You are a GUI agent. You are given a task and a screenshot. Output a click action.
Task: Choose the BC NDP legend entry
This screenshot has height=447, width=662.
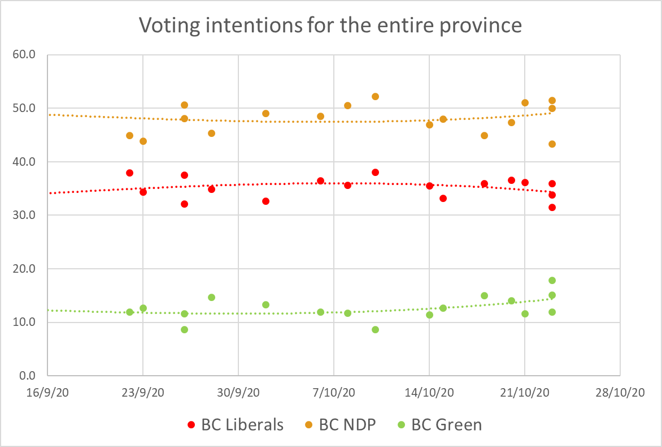(x=347, y=424)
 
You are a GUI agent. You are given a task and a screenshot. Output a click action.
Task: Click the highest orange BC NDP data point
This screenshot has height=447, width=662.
(x=375, y=96)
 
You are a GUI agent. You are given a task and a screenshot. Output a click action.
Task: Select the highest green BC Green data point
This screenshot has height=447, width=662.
(x=552, y=280)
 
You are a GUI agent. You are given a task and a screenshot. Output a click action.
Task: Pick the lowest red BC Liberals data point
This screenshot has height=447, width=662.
(x=552, y=207)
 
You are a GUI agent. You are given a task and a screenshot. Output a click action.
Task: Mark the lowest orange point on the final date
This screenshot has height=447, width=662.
(x=552, y=144)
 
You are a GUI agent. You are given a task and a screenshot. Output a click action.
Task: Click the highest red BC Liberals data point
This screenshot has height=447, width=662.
(x=375, y=172)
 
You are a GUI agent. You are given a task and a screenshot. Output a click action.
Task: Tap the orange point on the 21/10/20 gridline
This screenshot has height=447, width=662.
(x=525, y=102)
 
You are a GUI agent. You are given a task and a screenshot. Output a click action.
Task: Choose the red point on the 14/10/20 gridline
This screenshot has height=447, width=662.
(x=429, y=186)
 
